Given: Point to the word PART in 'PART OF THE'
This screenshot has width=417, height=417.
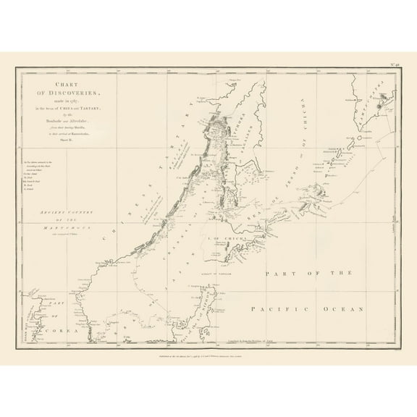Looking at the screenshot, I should coord(279,273).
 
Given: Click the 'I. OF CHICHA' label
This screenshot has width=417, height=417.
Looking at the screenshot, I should coord(221,239).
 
